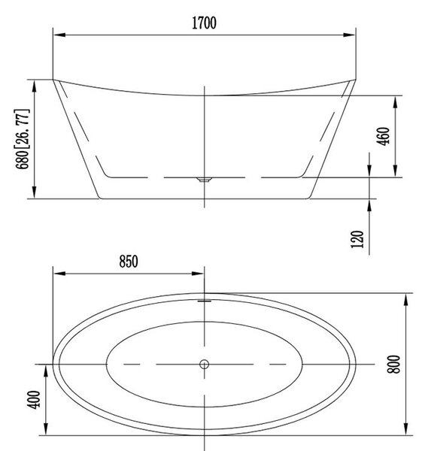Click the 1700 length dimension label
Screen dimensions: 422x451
pos(204,23)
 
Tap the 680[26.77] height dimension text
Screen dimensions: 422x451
pos(22,139)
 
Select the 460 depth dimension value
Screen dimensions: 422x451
pos(384,136)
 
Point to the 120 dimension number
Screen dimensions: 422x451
pos(357,239)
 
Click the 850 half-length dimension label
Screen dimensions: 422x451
pos(129,262)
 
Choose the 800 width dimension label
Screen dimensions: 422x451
pos(393,364)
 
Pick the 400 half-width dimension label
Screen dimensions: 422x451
pos(33,400)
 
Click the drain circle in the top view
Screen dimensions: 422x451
pos(204,364)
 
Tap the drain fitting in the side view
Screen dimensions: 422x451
pos(204,180)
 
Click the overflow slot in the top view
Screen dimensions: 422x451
pos(204,301)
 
